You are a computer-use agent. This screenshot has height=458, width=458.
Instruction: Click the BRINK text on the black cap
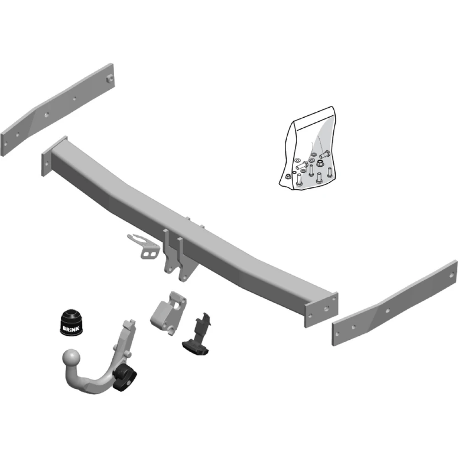click(x=71, y=328)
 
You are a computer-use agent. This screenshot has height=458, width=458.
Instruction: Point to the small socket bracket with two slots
click(x=144, y=247)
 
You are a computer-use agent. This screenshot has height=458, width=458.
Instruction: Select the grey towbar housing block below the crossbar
click(x=169, y=313)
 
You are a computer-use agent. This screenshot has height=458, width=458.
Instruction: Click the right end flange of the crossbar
click(x=322, y=310)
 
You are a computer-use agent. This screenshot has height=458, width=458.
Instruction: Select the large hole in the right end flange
click(x=327, y=308)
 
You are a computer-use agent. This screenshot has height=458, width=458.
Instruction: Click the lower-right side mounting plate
click(x=394, y=304)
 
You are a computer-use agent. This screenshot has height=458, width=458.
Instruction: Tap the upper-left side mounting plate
click(x=58, y=109)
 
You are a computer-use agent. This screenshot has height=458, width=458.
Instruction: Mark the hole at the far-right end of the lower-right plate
click(x=452, y=275)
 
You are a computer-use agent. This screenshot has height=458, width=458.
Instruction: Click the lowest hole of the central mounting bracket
click(x=183, y=277)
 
